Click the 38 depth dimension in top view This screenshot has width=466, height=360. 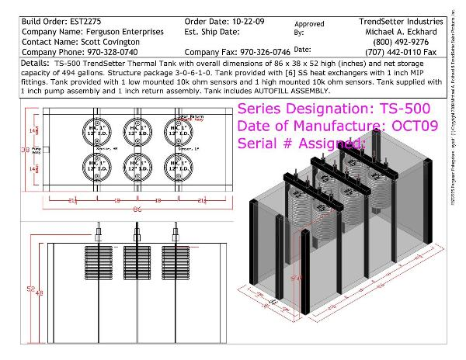point(26,146)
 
